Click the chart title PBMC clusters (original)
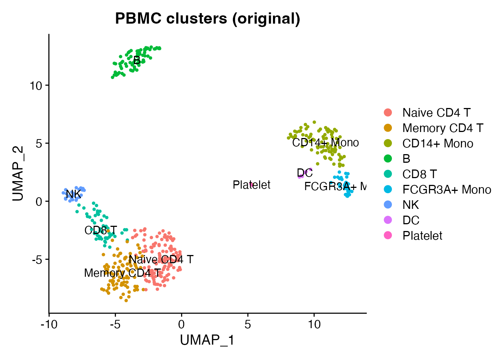(x=207, y=18)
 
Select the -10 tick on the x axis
(x=49, y=324)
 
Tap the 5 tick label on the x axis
(x=248, y=324)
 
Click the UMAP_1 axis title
(x=207, y=340)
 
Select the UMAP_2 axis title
(x=18, y=173)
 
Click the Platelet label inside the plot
(x=251, y=185)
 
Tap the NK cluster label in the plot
(x=73, y=194)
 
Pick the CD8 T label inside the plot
(x=100, y=230)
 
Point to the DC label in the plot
(x=304, y=173)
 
